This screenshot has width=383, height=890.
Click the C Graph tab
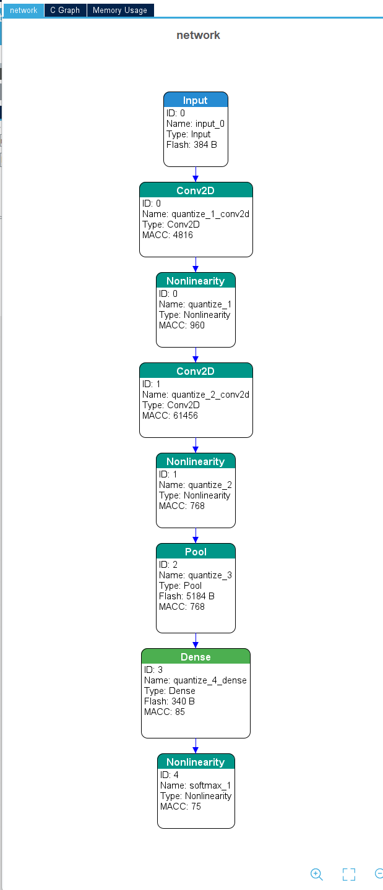(65, 11)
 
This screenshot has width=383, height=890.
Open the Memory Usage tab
(120, 11)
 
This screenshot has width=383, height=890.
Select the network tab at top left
(24, 11)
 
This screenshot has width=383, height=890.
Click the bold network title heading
(198, 35)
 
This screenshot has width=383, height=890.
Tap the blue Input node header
(196, 100)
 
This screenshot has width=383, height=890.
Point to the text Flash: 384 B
(192, 145)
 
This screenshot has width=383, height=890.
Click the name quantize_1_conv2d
(210, 214)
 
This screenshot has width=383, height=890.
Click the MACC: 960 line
(182, 325)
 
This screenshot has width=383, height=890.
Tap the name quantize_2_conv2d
(210, 395)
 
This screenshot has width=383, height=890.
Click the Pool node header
(196, 552)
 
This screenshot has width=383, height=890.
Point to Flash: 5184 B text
(187, 596)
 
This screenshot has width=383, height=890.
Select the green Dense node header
(196, 656)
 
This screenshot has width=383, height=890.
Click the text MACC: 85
(165, 712)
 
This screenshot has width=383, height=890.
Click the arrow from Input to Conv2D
(196, 174)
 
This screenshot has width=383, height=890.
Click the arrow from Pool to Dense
(196, 641)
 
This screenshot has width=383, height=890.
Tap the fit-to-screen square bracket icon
(349, 874)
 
